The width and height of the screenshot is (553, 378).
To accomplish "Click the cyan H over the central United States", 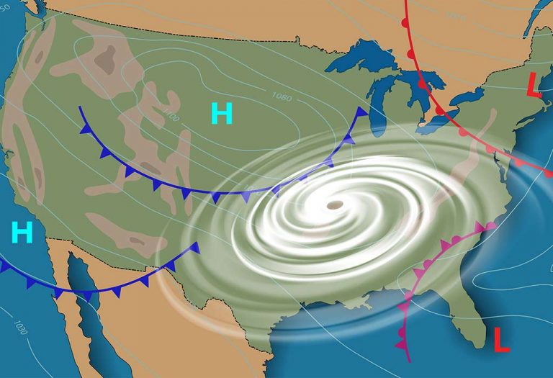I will (x=222, y=114).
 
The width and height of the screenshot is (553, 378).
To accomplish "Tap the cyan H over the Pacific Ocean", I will (x=23, y=232).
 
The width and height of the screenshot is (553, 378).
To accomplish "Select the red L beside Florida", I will (x=501, y=339).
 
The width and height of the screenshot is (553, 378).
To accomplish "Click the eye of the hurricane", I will (x=334, y=206).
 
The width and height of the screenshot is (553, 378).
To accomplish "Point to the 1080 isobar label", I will (x=282, y=96).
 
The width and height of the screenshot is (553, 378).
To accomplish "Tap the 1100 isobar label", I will (x=171, y=115).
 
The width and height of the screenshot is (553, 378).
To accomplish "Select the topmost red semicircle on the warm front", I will (x=405, y=22).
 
